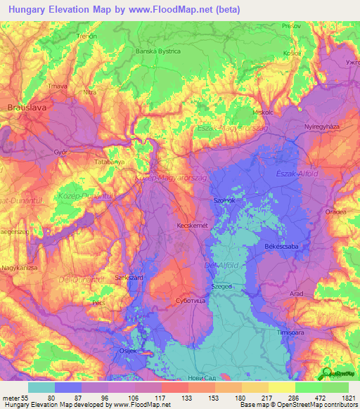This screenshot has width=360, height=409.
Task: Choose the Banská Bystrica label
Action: click(x=158, y=51)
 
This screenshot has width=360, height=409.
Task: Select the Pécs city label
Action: click(x=98, y=304)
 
